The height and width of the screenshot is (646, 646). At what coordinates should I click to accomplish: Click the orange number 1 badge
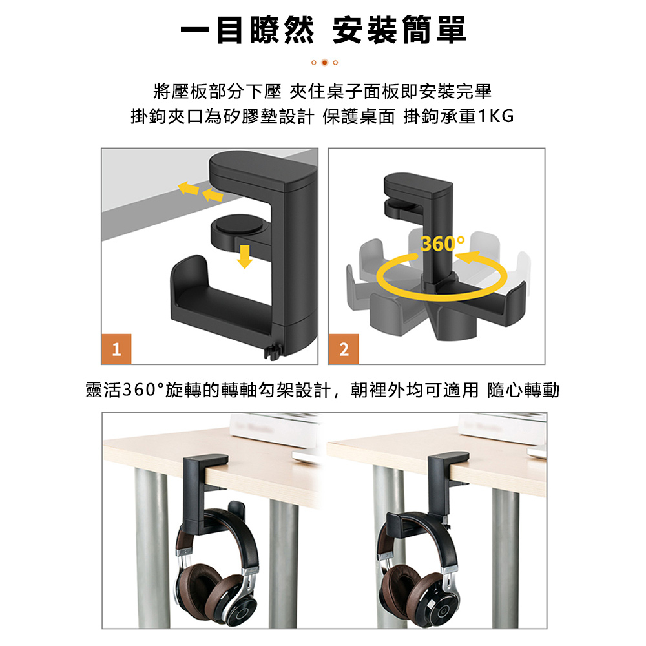(x=116, y=349)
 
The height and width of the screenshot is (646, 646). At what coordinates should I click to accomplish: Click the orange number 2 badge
(x=344, y=349)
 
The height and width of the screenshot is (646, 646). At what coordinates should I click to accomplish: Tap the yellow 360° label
(x=443, y=244)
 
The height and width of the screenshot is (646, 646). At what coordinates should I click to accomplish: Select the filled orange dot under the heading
(x=325, y=63)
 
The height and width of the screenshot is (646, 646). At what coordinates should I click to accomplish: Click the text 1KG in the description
(x=496, y=116)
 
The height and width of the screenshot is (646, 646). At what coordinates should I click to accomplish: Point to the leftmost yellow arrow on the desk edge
(x=188, y=188)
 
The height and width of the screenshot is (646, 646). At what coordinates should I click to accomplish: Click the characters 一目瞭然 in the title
(x=247, y=30)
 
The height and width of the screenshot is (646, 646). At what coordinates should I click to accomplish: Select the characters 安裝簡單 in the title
(x=399, y=30)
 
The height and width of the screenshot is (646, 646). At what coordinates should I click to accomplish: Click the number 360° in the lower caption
(x=143, y=390)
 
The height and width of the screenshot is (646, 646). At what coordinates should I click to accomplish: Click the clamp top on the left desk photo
(x=205, y=460)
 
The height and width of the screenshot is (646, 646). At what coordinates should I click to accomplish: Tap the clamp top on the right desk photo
(x=448, y=458)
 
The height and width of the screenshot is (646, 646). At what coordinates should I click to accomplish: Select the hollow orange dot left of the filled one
(x=314, y=63)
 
